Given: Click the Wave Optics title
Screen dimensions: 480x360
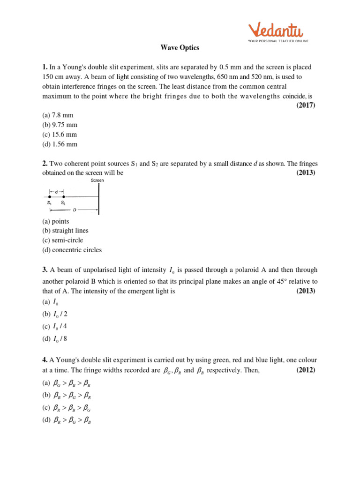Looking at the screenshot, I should pos(180,48).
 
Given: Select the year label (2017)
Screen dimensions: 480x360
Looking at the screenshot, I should pos(306,105).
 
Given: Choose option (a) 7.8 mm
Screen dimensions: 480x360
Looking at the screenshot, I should pos(58,115).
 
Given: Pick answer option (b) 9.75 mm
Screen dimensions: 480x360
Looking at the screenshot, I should pos(60,125).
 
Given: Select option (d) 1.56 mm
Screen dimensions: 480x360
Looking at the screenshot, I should pos(60,144).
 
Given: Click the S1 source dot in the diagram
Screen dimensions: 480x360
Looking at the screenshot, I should pos(50,197).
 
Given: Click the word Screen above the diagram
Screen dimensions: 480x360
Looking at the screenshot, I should pos(97,180).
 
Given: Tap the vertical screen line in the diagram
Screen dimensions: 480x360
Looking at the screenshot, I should pos(99,199).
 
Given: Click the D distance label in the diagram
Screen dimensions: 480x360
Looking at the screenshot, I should pos(74,210).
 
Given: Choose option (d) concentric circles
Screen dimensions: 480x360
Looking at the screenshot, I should pos(72,250).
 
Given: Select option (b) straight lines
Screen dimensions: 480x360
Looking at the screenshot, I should pos(65,231).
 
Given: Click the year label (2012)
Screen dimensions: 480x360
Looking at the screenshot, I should pos(306,370).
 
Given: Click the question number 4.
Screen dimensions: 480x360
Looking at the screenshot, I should pos(45,360).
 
